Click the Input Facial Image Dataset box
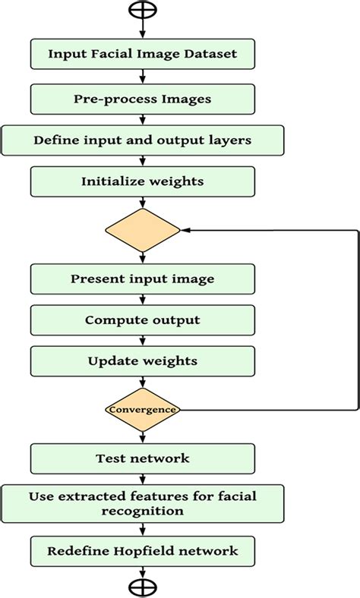click(142, 54)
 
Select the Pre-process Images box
click(142, 98)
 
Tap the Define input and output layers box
click(142, 140)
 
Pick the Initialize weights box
click(142, 181)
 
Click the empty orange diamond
click(142, 228)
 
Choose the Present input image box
click(142, 279)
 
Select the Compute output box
click(142, 319)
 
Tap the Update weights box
click(142, 360)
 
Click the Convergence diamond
click(142, 410)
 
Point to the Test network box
click(142, 458)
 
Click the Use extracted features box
click(142, 504)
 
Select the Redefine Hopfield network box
click(142, 550)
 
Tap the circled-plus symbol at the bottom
click(142, 587)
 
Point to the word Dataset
click(209, 54)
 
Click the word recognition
click(143, 511)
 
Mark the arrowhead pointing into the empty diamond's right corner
click(185, 228)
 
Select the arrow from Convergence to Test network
click(142, 434)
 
